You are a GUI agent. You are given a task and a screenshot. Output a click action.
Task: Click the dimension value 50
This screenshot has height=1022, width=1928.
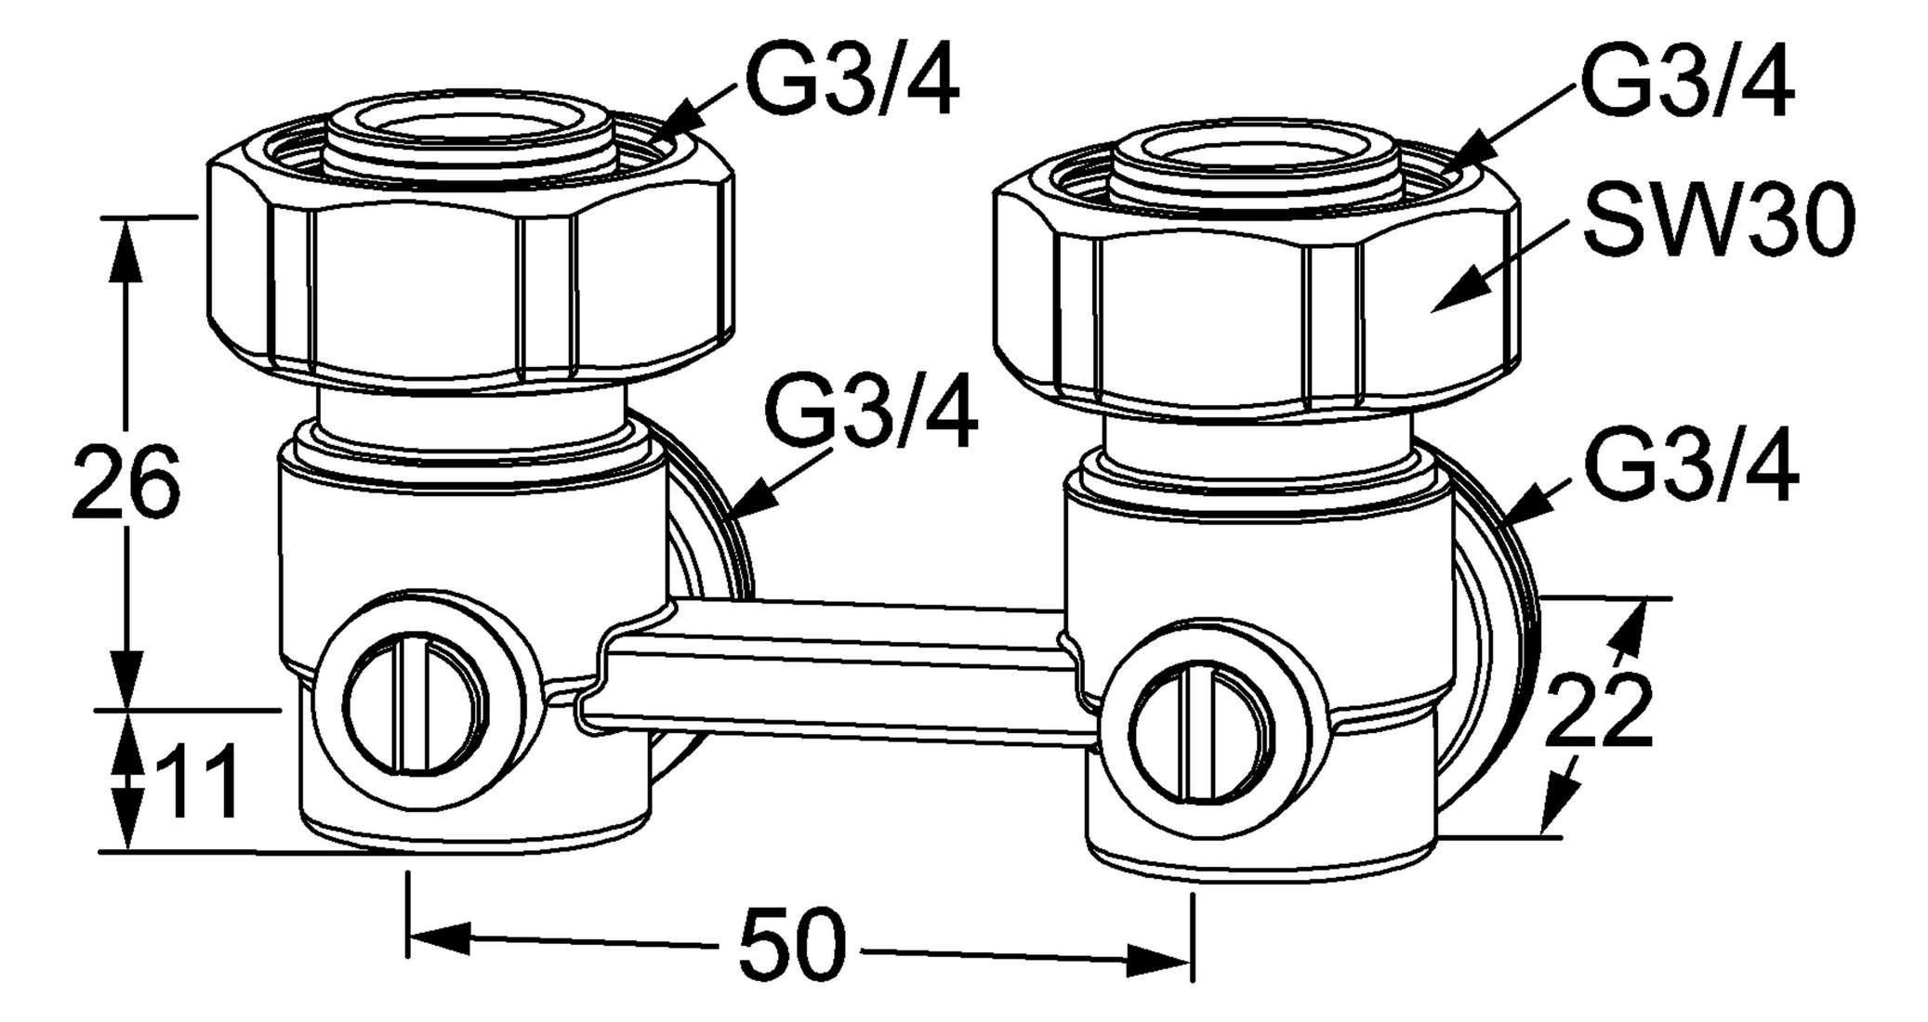click(x=793, y=949)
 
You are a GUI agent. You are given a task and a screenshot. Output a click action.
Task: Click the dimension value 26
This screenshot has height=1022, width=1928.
click(x=125, y=484)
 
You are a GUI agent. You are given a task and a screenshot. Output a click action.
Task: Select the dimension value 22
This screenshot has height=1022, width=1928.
click(x=1598, y=711)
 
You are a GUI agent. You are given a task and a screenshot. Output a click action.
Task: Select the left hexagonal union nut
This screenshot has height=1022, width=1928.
click(x=469, y=279)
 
